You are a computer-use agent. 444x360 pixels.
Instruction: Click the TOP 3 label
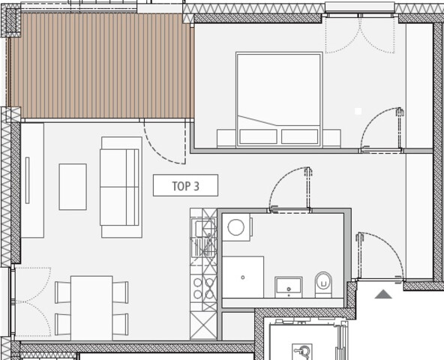185,185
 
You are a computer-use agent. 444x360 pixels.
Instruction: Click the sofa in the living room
121,187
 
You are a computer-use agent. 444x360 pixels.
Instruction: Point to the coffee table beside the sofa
73,187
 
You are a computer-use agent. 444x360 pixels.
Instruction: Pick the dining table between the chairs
91,307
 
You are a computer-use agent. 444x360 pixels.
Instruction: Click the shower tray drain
243,277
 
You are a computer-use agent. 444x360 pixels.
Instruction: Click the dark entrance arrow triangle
383,294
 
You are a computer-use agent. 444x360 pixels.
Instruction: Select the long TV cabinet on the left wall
31,180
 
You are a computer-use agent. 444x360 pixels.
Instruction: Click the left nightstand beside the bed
226,137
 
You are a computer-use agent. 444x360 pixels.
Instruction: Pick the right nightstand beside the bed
331,137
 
